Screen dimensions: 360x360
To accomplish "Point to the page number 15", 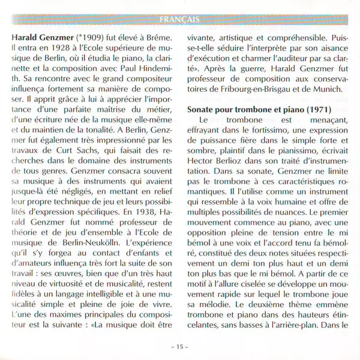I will (x=180, y=347).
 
